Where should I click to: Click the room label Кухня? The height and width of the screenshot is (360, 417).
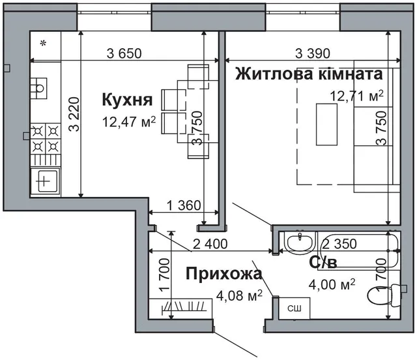127,100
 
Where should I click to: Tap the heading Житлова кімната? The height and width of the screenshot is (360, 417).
309,74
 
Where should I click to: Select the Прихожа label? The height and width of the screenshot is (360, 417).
224,274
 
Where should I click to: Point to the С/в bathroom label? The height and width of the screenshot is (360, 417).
323,262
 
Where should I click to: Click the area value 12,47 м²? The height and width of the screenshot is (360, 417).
129,122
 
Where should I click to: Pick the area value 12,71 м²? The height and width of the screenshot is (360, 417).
357,96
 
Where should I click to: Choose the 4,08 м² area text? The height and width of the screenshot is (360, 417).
239,295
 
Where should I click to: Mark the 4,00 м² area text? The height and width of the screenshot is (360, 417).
332,284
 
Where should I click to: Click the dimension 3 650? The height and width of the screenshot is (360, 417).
124,53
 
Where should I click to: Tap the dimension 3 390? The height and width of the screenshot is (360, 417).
313,53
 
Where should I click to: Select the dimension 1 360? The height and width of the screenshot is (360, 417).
184,205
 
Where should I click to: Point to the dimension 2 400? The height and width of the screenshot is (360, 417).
210,244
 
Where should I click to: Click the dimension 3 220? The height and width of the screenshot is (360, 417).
74,114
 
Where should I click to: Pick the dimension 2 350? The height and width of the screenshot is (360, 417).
339,244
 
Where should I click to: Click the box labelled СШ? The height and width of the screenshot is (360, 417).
295,308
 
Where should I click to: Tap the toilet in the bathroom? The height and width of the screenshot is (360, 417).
384,295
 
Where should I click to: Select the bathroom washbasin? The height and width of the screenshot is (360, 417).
300,241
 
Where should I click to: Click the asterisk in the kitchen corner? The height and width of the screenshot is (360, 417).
43,42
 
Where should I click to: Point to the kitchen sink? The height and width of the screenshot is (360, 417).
38,88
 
